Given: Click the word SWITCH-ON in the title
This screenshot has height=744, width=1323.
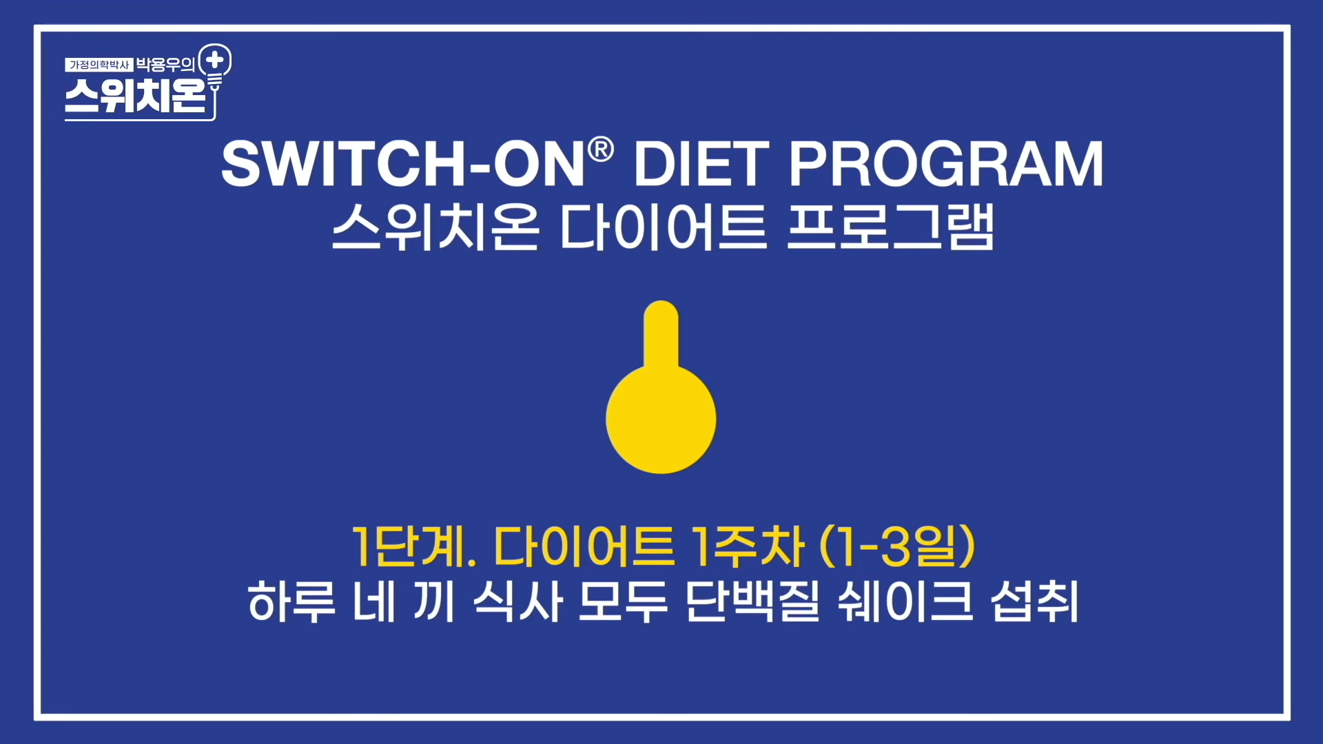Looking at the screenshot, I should [403, 164].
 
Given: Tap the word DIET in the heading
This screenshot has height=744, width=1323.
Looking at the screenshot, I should [701, 164].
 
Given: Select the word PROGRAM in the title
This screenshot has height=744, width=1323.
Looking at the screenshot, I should [945, 164].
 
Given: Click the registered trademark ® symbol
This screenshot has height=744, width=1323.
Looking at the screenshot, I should [601, 149].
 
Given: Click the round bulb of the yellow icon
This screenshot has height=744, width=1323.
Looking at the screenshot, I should [661, 420].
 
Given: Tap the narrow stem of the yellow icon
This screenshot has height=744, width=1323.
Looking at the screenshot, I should [661, 334].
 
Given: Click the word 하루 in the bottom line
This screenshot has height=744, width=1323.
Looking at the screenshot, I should [291, 602].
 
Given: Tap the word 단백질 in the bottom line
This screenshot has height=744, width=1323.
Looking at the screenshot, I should [752, 602].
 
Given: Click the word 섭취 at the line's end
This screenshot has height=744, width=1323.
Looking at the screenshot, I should [1034, 602].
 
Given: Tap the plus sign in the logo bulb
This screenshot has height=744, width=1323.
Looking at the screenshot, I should [215, 60].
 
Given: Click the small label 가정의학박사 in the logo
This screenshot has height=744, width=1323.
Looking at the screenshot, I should [99, 65].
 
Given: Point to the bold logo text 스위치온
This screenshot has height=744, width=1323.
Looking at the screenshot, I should [136, 96].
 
